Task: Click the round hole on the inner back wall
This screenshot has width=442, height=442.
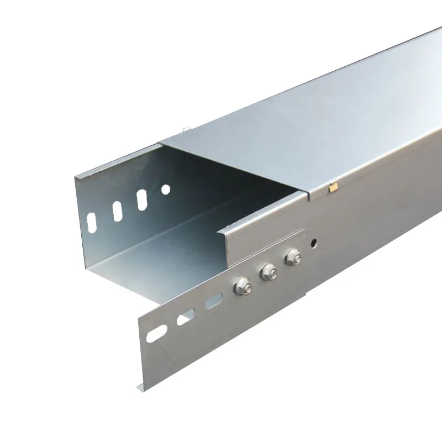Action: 165,190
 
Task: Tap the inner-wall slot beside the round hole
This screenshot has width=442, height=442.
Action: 141,199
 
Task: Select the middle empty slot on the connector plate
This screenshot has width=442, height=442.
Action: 185,317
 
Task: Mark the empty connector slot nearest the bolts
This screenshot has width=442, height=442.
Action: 212,301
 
